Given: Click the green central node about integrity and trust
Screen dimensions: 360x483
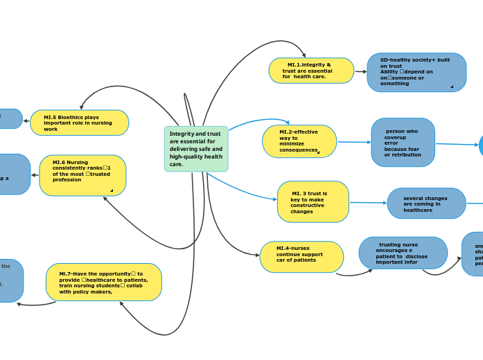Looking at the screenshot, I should [196, 149].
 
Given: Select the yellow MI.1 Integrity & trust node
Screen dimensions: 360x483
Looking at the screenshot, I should [311, 71].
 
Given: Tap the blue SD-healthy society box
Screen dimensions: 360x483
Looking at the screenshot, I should [416, 73].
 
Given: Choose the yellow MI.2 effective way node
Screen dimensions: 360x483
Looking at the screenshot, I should [299, 141].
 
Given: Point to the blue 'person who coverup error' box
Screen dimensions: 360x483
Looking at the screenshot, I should [403, 143].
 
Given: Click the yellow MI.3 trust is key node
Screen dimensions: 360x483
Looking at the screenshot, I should [313, 202].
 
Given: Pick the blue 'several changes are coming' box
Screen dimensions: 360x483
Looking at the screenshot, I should [426, 204].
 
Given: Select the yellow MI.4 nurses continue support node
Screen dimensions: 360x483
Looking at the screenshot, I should [301, 257].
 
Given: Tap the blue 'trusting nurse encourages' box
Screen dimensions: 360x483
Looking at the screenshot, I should [403, 253].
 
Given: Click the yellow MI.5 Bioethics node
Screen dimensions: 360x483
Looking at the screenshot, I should [79, 123].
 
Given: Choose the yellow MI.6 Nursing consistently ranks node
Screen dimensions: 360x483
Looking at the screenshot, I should [82, 175].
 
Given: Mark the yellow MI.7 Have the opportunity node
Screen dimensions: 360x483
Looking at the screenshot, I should [103, 282].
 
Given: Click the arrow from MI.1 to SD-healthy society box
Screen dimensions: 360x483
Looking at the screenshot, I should [360, 71].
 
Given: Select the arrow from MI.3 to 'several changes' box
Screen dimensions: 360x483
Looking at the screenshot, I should [368, 203].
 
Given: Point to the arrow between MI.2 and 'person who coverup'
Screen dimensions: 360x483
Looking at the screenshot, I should [353, 142].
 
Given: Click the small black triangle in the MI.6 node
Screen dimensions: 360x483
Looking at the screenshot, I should [111, 190].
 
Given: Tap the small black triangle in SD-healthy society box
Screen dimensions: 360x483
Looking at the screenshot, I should [452, 87].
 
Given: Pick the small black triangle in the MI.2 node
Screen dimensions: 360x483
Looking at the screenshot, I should [318, 152].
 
